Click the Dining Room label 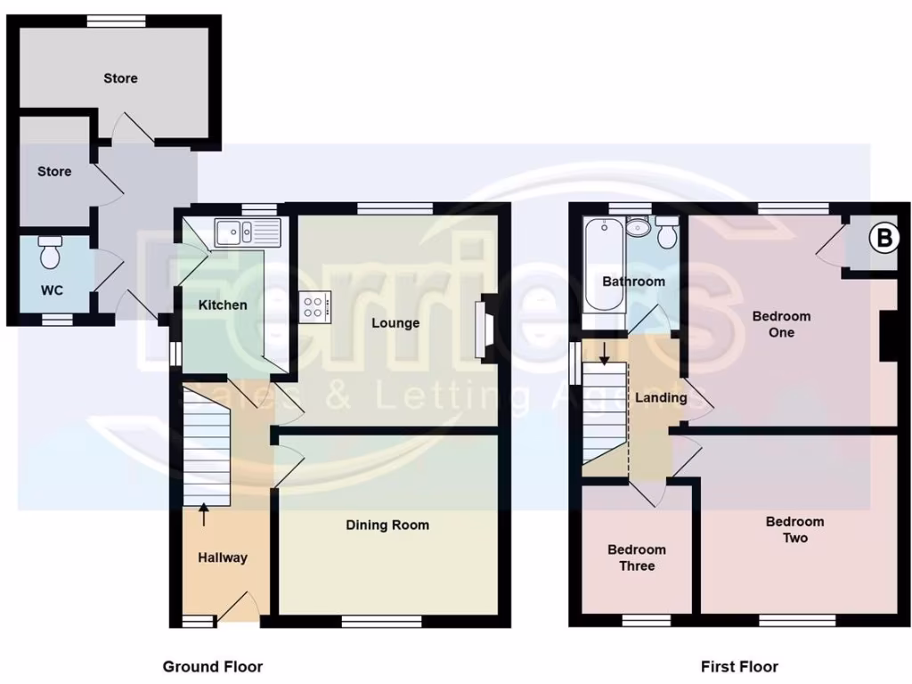coord(387,525)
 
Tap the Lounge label coord(395,322)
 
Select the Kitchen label coord(223,305)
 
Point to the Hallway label coord(222,558)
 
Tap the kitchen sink coord(247,232)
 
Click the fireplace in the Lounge coord(485,329)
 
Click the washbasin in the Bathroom coord(638,229)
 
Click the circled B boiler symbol coord(883,239)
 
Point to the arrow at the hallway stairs coord(204,514)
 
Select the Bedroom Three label coord(638,558)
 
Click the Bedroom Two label coord(794,530)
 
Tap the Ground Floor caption coord(212,666)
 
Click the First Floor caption coord(739,666)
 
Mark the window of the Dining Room coord(381,622)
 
